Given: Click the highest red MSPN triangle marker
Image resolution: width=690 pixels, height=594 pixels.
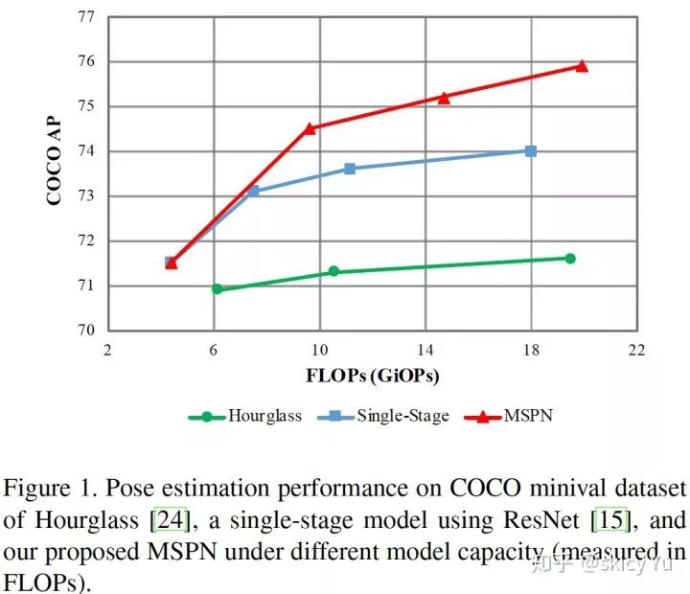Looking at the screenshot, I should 582,66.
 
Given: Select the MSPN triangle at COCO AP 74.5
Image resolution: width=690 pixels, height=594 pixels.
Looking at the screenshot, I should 310,127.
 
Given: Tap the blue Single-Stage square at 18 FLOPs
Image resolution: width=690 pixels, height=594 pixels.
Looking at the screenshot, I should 531,150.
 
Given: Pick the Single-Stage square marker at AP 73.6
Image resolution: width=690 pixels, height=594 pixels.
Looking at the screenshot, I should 350,169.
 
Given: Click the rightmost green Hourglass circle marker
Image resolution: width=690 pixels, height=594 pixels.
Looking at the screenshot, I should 570,258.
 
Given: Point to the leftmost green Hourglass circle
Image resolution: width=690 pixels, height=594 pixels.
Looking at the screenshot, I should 217,288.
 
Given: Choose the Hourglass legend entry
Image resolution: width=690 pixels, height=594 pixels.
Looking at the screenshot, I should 245,417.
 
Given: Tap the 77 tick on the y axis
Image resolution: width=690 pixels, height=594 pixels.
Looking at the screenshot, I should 84,17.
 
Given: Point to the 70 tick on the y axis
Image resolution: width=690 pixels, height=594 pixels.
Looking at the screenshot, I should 84,331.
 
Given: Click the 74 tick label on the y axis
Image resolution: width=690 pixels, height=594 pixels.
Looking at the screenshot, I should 84,151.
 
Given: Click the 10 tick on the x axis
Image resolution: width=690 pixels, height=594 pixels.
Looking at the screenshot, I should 319,349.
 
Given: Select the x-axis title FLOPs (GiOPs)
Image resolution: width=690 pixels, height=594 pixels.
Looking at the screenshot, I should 374,375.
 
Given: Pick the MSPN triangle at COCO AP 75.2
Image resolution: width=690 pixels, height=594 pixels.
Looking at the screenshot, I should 444,97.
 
